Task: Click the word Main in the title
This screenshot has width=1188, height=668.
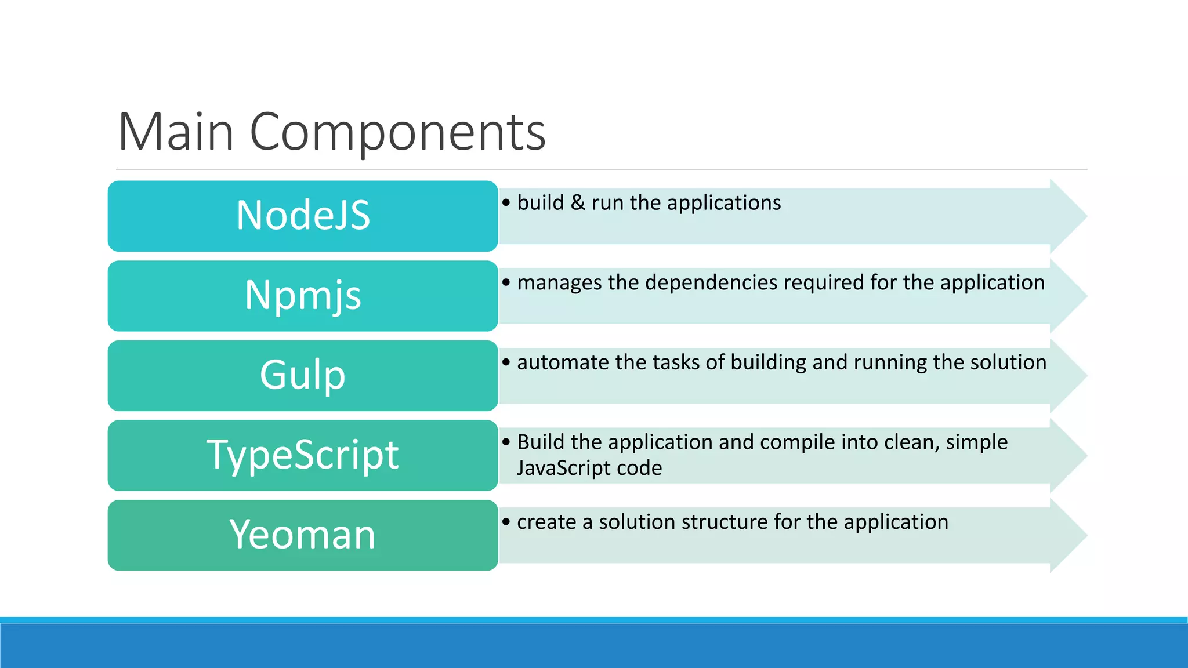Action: [176, 132]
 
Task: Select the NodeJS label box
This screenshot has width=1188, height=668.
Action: [303, 216]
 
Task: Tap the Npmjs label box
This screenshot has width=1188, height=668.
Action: [303, 296]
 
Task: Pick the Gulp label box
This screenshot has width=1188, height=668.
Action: [303, 375]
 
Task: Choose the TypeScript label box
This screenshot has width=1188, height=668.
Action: [303, 455]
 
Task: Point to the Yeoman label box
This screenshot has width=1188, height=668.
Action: [303, 535]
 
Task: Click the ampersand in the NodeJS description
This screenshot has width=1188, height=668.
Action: [577, 203]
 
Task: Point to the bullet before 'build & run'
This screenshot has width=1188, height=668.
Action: [506, 203]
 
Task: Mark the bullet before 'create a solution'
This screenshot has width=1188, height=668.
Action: [506, 522]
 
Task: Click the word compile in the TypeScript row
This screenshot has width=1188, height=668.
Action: [798, 442]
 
